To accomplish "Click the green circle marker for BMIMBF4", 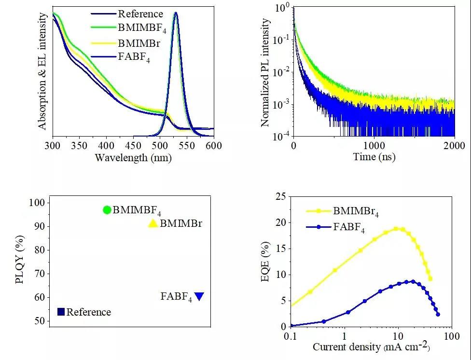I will (107, 209).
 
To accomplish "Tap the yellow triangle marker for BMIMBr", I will (152, 223).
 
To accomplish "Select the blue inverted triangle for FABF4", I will (199, 296).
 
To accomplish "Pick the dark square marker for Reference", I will (61, 312).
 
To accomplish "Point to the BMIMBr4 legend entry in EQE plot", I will (356, 211).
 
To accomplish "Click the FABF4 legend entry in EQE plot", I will (349, 227).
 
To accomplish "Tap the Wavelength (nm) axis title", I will (133, 157).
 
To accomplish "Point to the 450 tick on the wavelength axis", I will (133, 145).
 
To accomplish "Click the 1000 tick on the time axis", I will (374, 145).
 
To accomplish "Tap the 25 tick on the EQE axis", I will (279, 196).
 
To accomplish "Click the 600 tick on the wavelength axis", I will (214, 145).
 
